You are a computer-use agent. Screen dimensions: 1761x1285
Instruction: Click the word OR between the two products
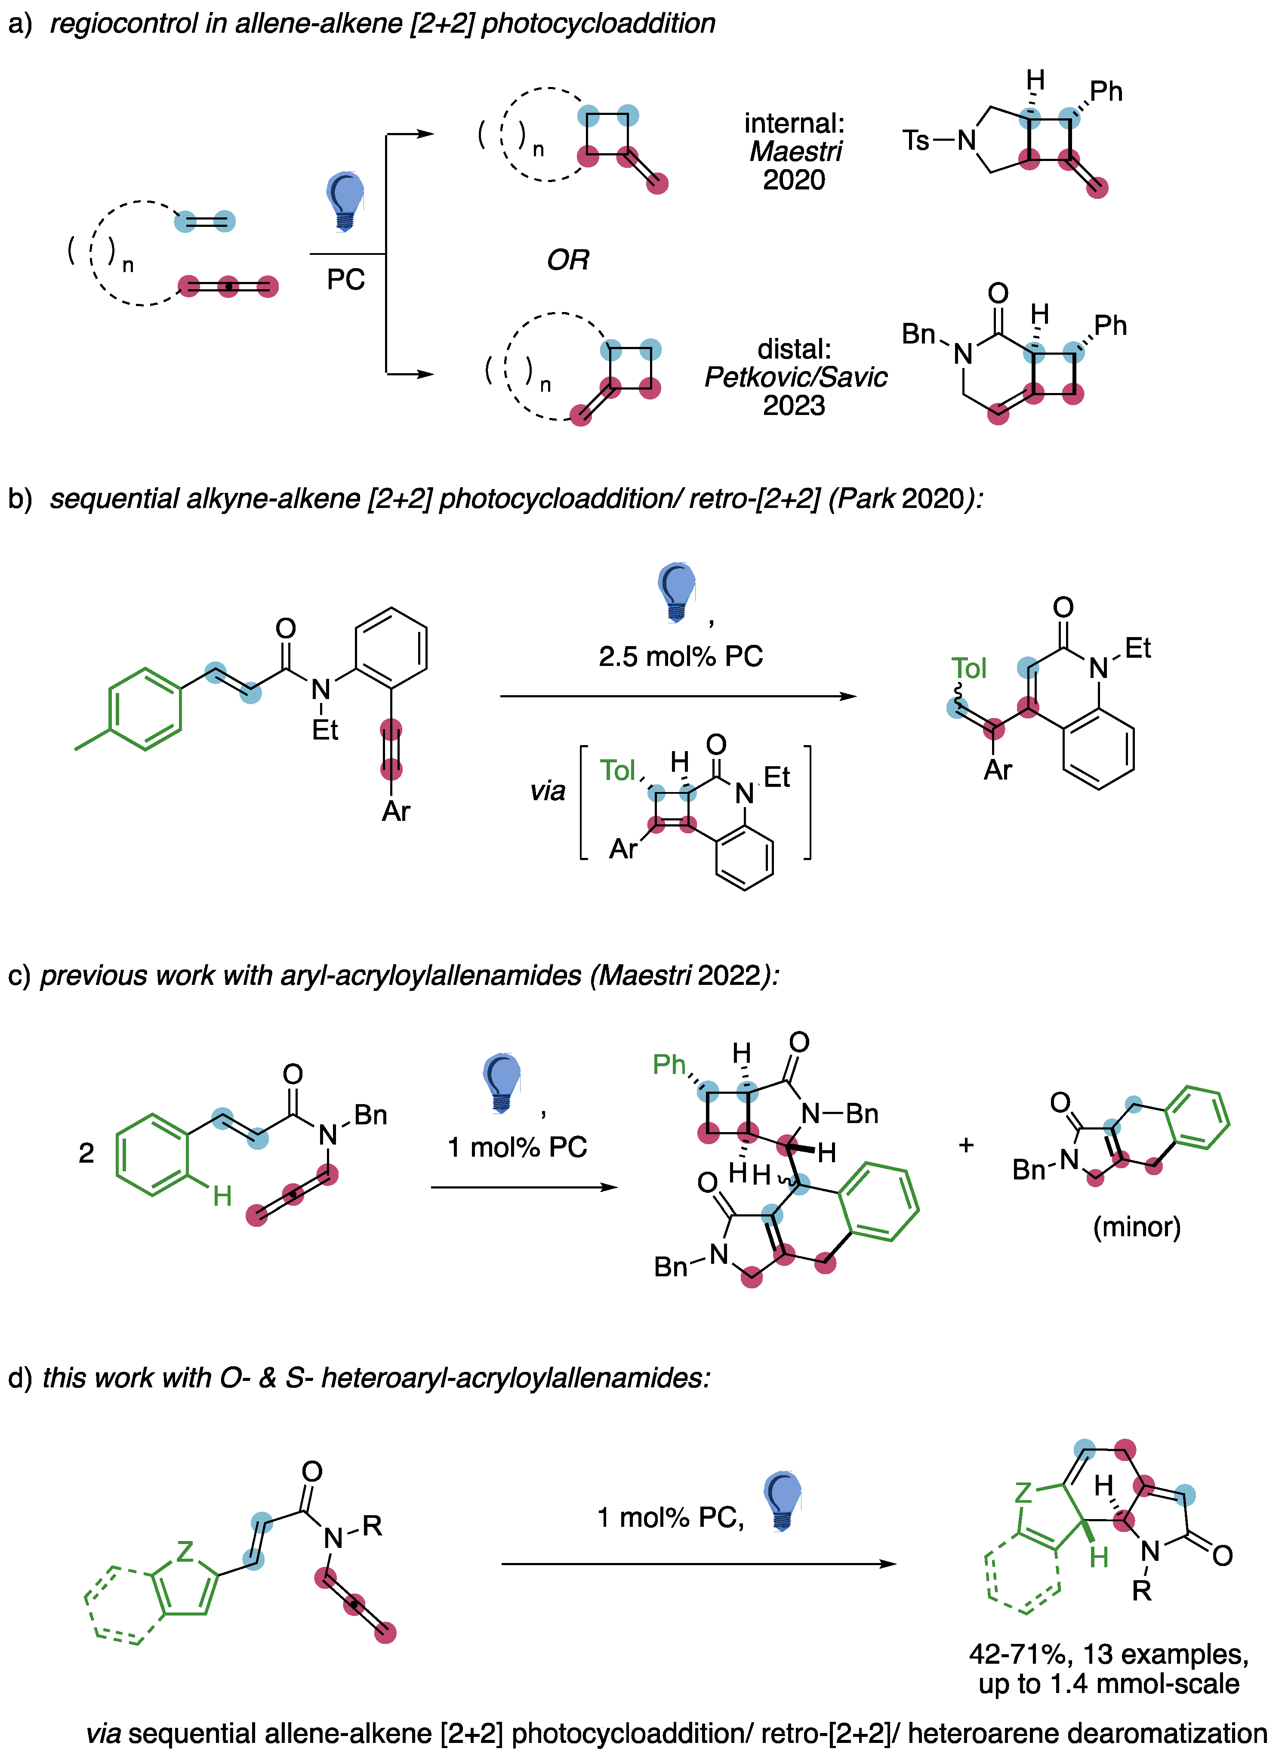(x=568, y=260)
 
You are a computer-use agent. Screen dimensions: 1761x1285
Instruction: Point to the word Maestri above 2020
(x=795, y=151)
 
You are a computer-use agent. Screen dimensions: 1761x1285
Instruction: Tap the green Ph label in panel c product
(x=669, y=1064)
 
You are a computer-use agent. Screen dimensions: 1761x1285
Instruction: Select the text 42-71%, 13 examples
(x=1109, y=1654)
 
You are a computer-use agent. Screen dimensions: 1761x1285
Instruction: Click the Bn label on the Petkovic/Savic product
(x=918, y=334)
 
